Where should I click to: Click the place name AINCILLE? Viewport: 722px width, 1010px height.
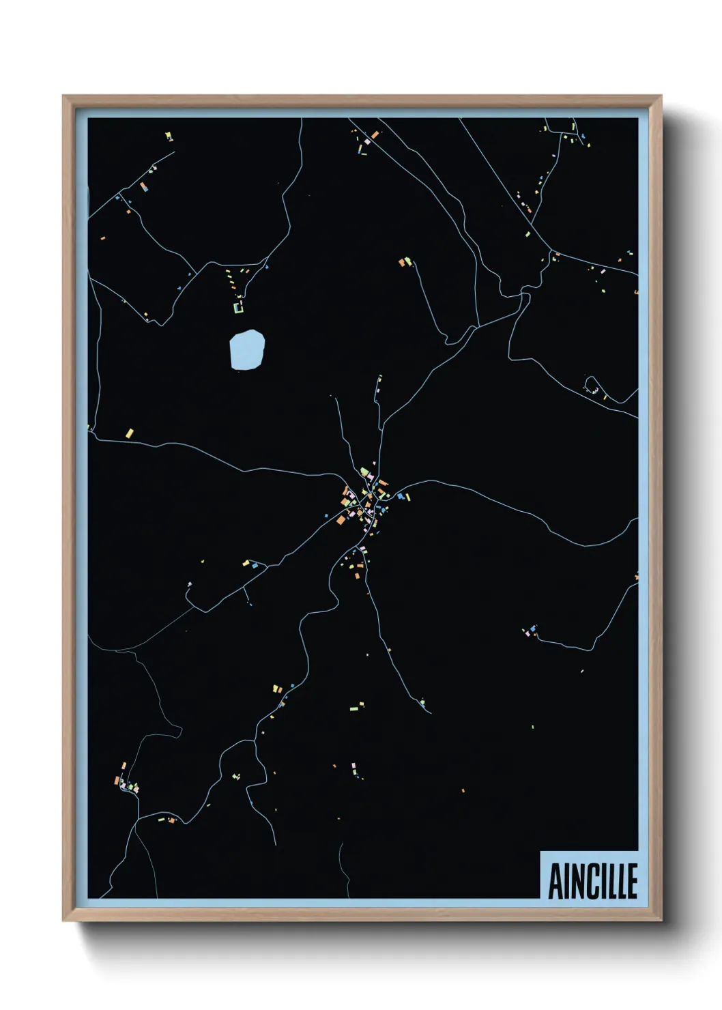(x=592, y=881)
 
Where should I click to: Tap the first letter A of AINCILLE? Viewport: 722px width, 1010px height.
(x=555, y=881)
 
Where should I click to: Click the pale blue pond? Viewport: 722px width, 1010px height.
(x=246, y=349)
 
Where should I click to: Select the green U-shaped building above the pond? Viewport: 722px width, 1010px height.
(x=238, y=308)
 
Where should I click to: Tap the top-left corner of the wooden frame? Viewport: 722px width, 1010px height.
(x=63, y=96)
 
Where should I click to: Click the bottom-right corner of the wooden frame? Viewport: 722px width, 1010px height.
(x=661, y=921)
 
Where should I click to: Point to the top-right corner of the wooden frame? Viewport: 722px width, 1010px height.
(x=661, y=96)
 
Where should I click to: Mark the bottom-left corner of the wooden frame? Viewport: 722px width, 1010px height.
(x=63, y=921)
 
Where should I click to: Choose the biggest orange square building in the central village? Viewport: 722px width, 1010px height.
(x=340, y=520)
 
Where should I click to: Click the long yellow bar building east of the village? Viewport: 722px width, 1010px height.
(x=407, y=496)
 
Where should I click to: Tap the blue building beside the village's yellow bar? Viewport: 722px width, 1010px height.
(x=400, y=496)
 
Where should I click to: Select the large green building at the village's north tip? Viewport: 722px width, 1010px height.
(x=365, y=472)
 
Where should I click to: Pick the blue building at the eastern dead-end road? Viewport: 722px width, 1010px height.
(x=533, y=628)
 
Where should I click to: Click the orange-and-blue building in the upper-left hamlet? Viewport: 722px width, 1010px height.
(x=143, y=186)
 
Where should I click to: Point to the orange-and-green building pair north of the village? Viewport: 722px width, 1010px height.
(x=405, y=261)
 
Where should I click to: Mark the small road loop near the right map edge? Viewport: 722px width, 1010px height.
(x=591, y=384)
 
